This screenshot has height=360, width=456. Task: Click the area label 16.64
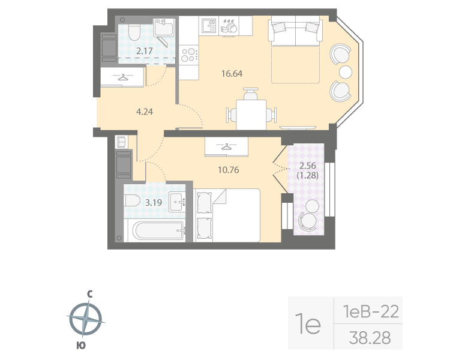[231, 74]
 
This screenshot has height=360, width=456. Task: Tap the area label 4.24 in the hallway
[143, 110]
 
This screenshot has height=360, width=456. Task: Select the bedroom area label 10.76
[228, 169]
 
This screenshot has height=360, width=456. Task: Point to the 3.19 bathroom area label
[154, 202]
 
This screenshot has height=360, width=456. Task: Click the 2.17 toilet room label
[144, 51]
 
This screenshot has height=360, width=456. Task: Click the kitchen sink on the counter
[208, 26]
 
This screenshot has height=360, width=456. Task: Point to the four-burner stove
[189, 55]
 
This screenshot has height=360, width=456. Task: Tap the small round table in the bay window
[346, 72]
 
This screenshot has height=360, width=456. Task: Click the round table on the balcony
[311, 206]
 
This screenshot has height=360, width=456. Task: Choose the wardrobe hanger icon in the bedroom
[227, 145]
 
